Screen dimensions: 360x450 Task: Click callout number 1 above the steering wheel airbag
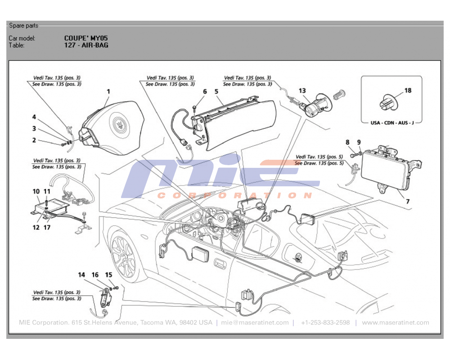tap(108, 91)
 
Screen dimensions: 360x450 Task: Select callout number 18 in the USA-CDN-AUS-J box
tap(408, 90)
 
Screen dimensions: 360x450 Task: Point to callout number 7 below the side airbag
tap(408, 201)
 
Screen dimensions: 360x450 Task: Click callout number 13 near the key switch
tap(302, 91)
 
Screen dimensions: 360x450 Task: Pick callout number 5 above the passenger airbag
tap(216, 91)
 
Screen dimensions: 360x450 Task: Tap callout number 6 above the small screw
tap(205, 91)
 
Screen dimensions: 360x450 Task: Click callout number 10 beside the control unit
tap(36, 191)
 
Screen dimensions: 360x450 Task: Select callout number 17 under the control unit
tap(47, 227)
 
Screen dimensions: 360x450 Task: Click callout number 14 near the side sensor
tap(81, 274)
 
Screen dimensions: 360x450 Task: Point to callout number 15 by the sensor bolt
tap(108, 274)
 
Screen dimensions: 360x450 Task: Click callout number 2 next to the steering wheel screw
tap(34, 140)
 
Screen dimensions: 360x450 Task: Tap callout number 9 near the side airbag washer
tap(359, 142)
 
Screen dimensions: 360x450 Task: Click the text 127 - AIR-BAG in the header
tap(86, 45)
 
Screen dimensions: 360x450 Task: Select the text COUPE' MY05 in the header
tap(86, 38)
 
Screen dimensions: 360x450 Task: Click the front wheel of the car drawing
tap(123, 256)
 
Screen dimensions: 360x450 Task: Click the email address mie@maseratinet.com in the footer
tap(255, 323)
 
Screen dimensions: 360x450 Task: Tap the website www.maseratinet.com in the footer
tap(395, 323)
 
